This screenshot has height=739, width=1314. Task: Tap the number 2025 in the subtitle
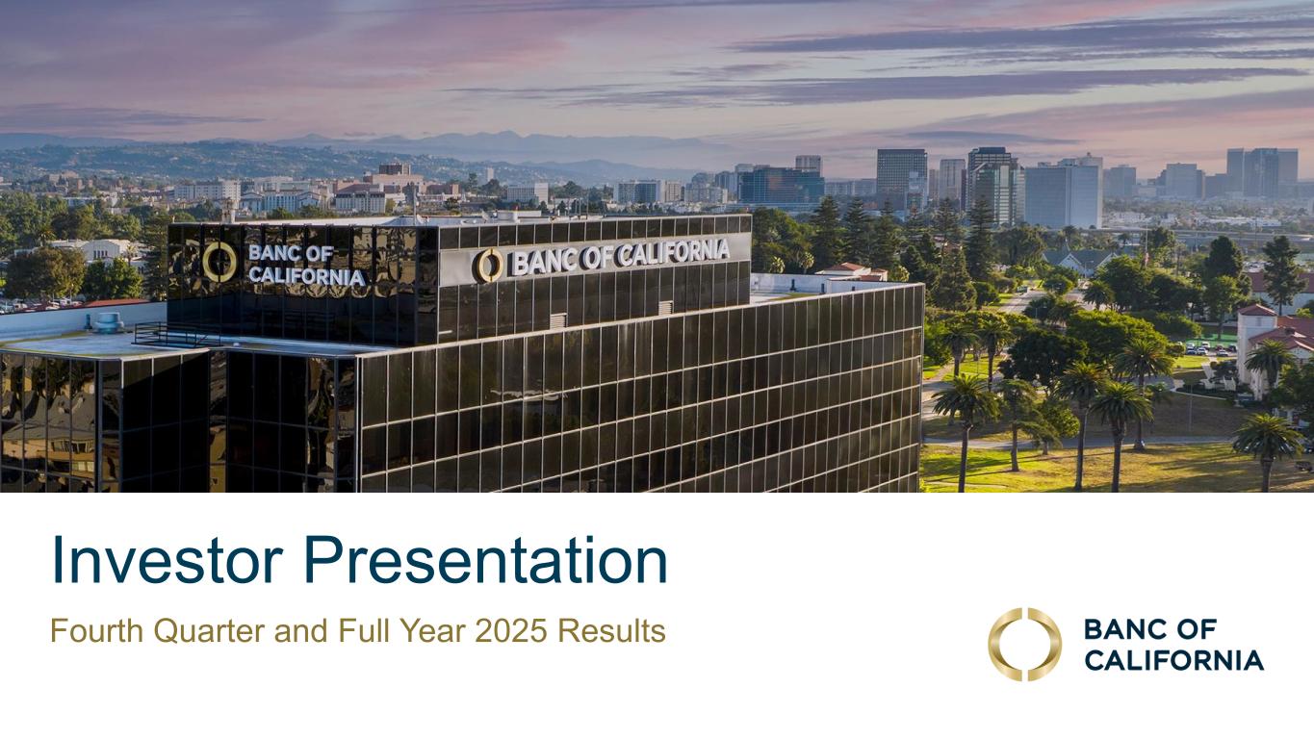tap(511, 631)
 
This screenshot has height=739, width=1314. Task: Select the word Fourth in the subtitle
tap(97, 631)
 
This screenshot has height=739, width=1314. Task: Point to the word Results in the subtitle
tap(612, 631)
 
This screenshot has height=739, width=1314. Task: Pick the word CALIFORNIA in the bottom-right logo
tap(1173, 660)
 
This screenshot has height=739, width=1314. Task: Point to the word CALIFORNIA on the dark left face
tap(307, 275)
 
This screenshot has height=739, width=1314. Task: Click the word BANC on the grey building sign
tap(543, 263)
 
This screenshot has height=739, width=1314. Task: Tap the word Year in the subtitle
tap(433, 631)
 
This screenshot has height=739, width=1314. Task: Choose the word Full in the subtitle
tap(364, 631)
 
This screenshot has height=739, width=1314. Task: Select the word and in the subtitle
tap(301, 631)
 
